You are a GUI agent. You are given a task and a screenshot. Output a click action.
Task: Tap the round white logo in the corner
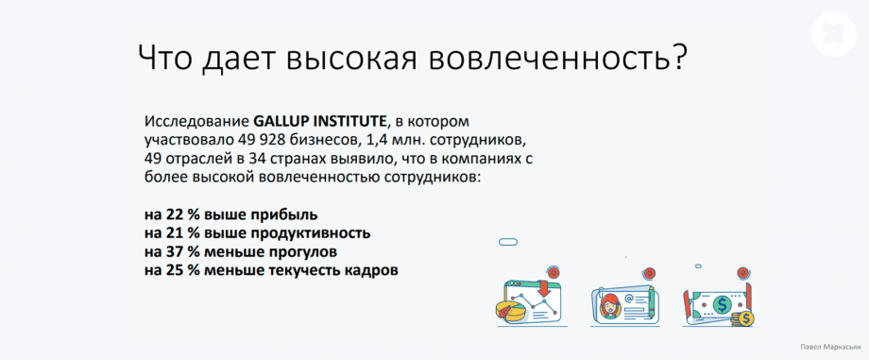834,34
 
